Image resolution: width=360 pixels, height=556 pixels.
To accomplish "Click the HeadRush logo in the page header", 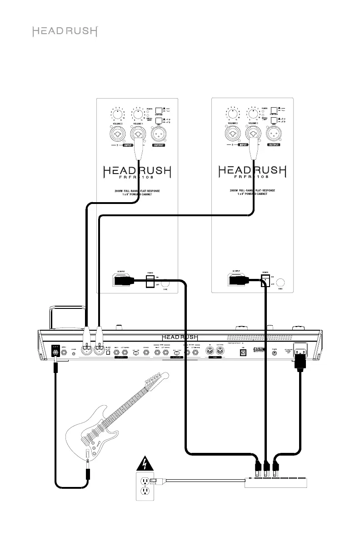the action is click(x=65, y=31).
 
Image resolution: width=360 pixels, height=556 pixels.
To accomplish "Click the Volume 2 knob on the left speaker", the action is click(x=118, y=114).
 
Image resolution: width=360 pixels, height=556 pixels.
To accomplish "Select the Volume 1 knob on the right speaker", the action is click(x=253, y=114).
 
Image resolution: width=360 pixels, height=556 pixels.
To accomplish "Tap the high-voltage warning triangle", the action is click(x=145, y=463).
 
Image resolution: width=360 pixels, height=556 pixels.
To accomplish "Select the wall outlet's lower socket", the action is click(x=145, y=492).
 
